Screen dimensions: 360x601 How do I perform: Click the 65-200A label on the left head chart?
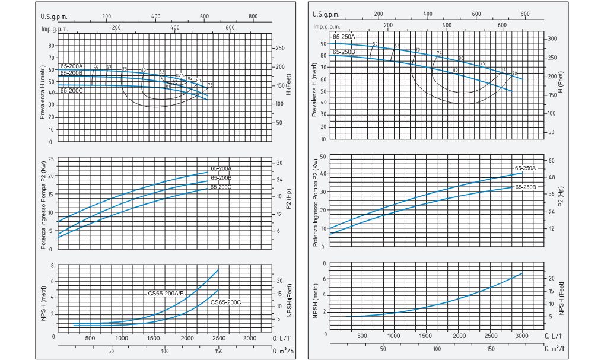click(x=72, y=66)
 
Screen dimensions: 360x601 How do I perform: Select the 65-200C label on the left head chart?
click(x=72, y=91)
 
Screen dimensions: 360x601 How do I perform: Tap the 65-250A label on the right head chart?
click(x=344, y=37)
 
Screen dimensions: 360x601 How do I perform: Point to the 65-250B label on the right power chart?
click(x=526, y=187)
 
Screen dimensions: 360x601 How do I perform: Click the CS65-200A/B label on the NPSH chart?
click(x=167, y=293)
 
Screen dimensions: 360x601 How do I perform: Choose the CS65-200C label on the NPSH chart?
click(x=226, y=302)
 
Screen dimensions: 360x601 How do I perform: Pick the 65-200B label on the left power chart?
click(x=220, y=178)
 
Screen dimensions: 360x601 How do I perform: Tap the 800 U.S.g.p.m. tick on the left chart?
click(x=253, y=16)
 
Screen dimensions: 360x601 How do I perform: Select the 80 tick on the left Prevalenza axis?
click(x=51, y=46)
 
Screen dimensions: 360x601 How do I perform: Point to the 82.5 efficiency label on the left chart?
click(x=181, y=75)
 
